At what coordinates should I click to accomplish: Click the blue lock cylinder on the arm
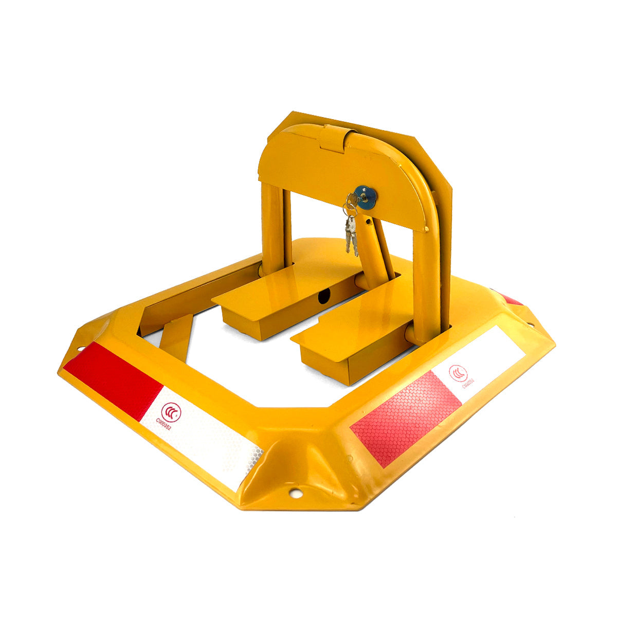coord(366,195)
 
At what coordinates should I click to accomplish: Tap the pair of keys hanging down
coord(351,235)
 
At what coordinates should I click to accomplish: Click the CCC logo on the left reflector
coord(171,412)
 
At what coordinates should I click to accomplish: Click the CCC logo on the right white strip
coord(458,373)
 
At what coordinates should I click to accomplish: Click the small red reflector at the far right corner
coord(512,300)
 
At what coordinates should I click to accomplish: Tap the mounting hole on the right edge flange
coord(531,324)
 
